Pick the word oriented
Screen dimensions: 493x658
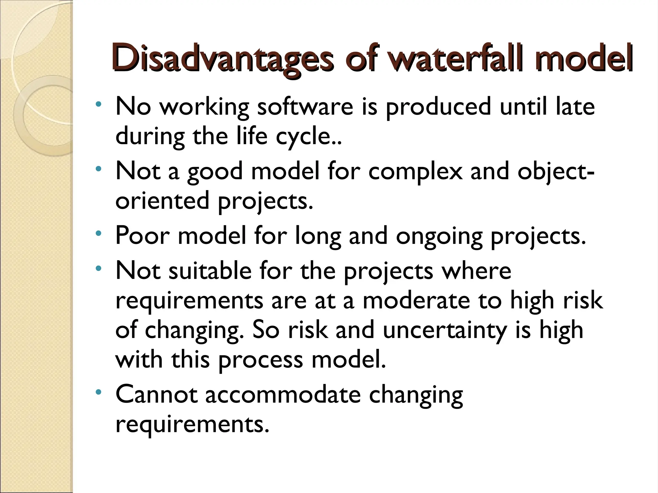[x=163, y=201]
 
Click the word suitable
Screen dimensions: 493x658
[x=210, y=271]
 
